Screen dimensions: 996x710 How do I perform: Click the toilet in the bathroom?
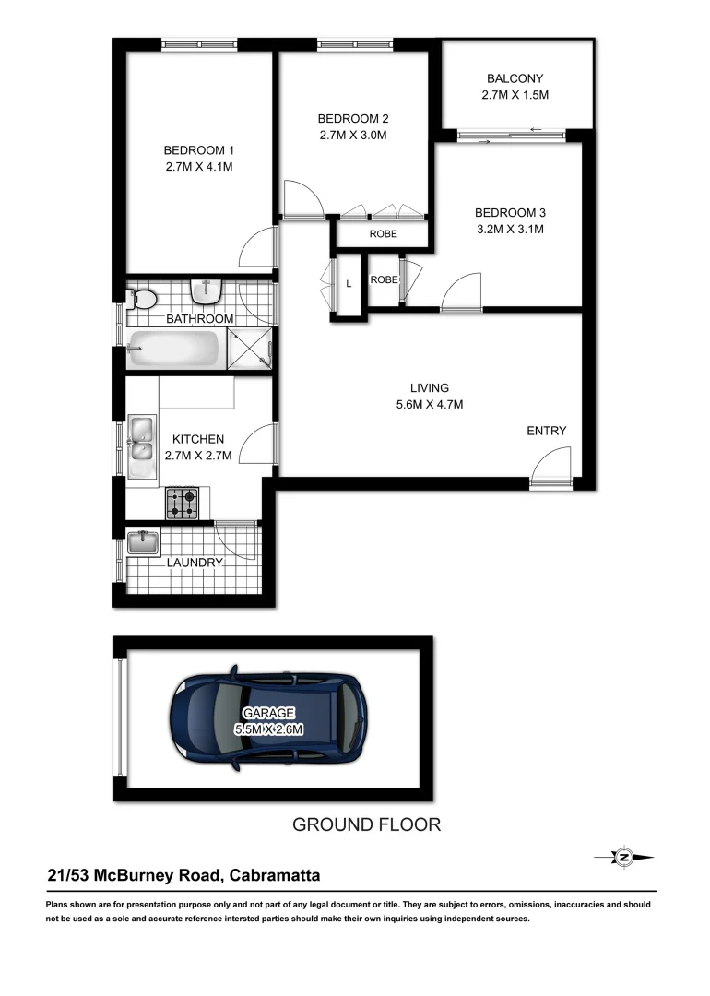coord(143,299)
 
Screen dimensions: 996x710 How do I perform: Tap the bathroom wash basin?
coord(205,291)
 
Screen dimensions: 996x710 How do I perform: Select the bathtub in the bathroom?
coord(174,350)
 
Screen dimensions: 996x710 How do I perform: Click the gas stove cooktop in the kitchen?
coord(182,502)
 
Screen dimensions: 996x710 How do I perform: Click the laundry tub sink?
coord(143,542)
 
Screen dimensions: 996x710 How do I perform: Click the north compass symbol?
coord(624,857)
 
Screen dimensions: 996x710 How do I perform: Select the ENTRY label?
coord(547,431)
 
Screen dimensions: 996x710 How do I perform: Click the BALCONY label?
coord(515,78)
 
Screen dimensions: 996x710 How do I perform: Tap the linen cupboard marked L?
coord(349,284)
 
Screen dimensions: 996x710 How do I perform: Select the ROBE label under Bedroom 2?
coord(384,234)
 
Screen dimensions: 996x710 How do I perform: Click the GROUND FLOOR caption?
coord(366,824)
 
